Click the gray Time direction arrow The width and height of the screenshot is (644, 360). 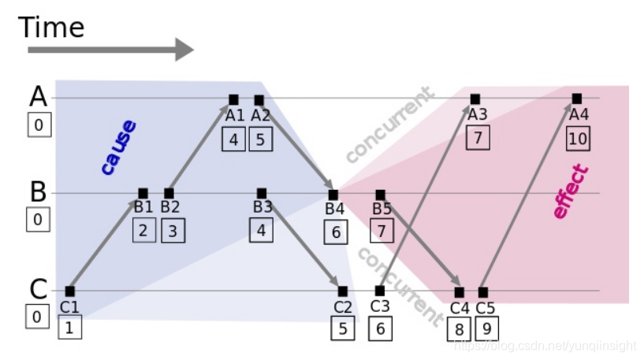click(110, 50)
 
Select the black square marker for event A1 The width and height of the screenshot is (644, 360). click(233, 99)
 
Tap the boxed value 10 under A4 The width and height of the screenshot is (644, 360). click(578, 139)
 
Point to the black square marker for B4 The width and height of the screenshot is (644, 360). click(333, 194)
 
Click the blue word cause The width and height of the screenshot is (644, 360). click(118, 147)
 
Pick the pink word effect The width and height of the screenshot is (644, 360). click(571, 191)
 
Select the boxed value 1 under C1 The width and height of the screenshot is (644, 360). click(69, 326)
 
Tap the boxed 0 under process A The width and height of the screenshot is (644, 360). click(39, 124)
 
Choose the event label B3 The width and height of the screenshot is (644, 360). click(262, 208)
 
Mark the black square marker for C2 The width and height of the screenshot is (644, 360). click(342, 291)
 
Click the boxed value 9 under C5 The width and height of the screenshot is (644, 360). click(486, 328)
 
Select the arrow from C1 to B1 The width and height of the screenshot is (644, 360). click(104, 243)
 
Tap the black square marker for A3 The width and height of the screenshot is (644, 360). click(475, 99)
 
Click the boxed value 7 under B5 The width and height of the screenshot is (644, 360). click(382, 231)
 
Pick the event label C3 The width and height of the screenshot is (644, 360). click(380, 306)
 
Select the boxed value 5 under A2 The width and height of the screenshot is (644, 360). click(261, 139)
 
